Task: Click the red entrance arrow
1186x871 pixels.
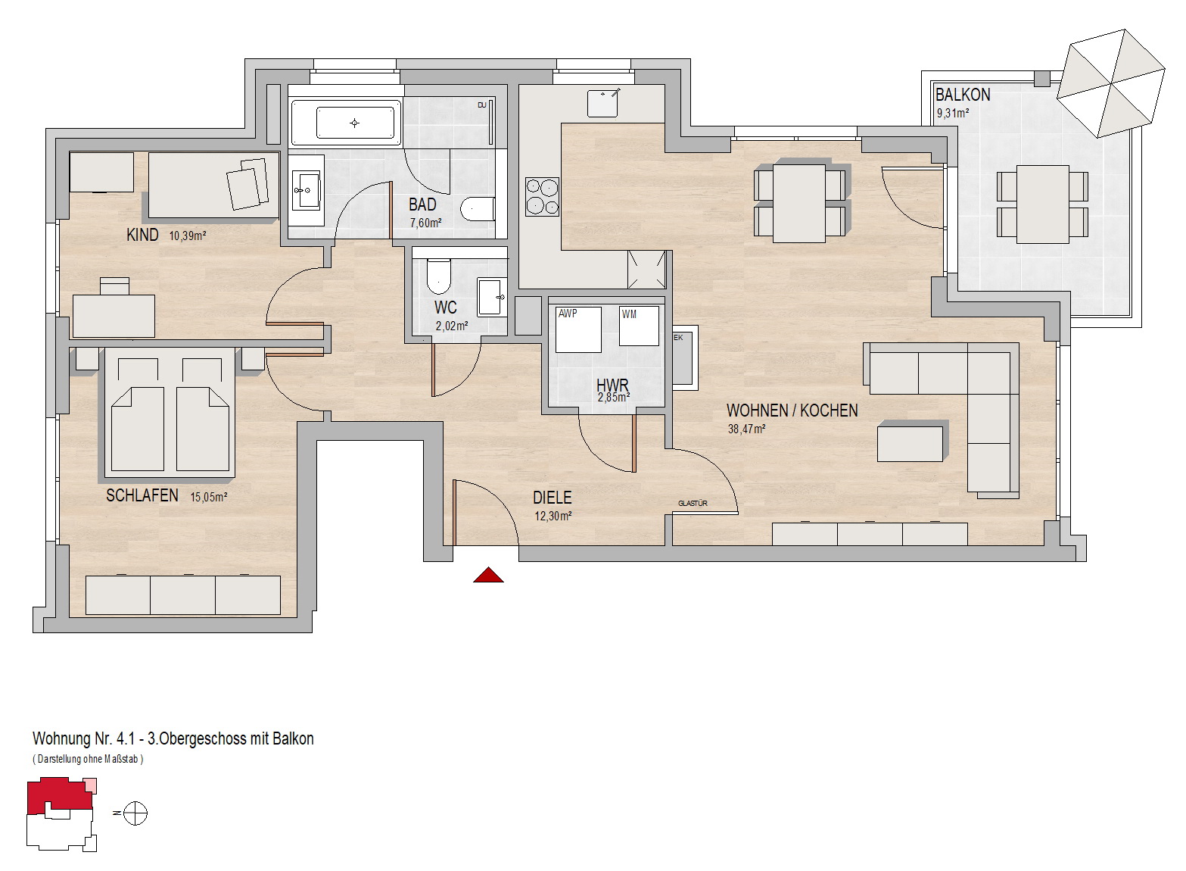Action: coord(488,575)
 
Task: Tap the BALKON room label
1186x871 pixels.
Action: coord(963,95)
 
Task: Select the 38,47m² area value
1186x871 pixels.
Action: coord(746,429)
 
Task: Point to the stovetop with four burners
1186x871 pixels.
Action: coord(542,197)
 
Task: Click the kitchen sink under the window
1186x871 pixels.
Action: coord(602,103)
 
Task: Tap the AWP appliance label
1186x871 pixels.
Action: coord(568,314)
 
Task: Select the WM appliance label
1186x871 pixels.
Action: coord(629,314)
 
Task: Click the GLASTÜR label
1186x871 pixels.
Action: coord(693,504)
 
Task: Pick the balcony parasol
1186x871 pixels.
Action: coord(1111,83)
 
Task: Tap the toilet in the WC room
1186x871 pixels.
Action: coord(438,276)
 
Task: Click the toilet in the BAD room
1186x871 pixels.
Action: coord(478,210)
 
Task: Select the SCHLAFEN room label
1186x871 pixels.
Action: coord(142,495)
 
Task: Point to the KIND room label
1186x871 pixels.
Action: coord(142,235)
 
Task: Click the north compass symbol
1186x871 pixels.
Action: coord(135,813)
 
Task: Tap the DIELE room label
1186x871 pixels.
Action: coord(553,498)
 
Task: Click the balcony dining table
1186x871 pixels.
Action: coord(1042,204)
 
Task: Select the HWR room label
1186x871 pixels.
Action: coord(612,386)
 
